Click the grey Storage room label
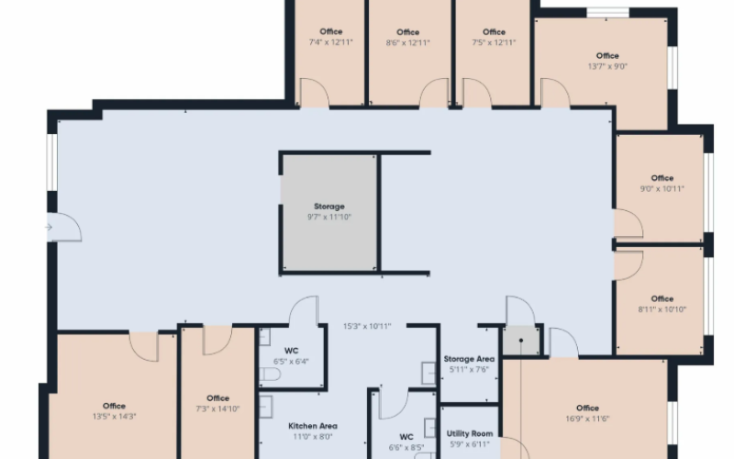329,207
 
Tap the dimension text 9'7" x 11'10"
329,217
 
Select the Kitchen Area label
313,426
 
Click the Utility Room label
470,433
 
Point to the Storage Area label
469,359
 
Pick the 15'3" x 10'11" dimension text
367,327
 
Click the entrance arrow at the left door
49,227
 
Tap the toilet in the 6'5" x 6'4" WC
270,375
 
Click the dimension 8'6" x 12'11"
407,43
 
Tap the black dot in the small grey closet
521,341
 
